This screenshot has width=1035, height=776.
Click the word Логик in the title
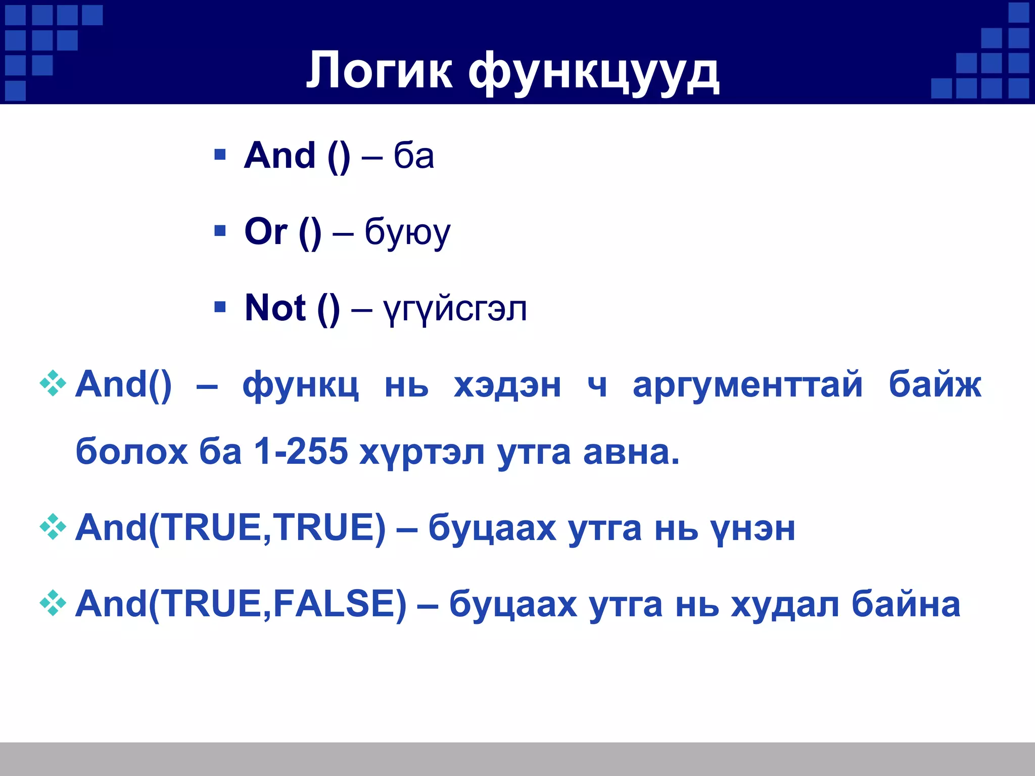pyautogui.click(x=379, y=71)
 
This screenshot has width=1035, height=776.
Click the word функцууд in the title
pyautogui.click(x=593, y=73)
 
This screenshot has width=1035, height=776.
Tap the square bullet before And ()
pyautogui.click(x=220, y=154)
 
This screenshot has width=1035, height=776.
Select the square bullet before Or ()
pyautogui.click(x=220, y=231)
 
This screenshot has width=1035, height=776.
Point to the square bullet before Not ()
pyautogui.click(x=220, y=307)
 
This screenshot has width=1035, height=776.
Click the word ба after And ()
pyautogui.click(x=413, y=156)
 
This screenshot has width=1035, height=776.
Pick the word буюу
pyautogui.click(x=407, y=233)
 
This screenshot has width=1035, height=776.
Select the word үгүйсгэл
pyautogui.click(x=455, y=309)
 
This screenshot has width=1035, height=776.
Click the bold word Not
pyautogui.click(x=275, y=308)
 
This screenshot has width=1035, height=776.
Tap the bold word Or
pyautogui.click(x=266, y=231)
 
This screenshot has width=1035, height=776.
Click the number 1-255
pyautogui.click(x=301, y=451)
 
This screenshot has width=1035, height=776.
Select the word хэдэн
pyautogui.click(x=507, y=385)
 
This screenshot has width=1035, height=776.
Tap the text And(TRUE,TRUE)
pyautogui.click(x=230, y=528)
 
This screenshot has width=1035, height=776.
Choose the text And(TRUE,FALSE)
pyautogui.click(x=241, y=604)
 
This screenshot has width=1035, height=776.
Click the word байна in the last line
pyautogui.click(x=906, y=604)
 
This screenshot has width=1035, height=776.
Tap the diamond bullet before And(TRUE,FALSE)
pyautogui.click(x=53, y=603)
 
